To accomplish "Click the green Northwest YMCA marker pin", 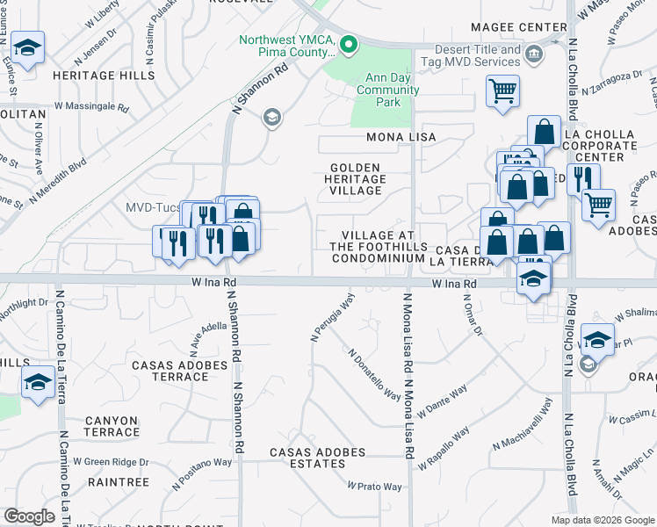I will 349,43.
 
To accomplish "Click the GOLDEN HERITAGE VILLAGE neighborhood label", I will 356,178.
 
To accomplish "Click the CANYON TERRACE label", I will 112,426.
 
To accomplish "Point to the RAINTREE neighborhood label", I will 119,482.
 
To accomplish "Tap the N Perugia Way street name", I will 332,317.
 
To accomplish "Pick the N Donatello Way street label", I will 374,374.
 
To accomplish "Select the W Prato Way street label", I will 374,486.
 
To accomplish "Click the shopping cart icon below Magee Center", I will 502,90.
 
